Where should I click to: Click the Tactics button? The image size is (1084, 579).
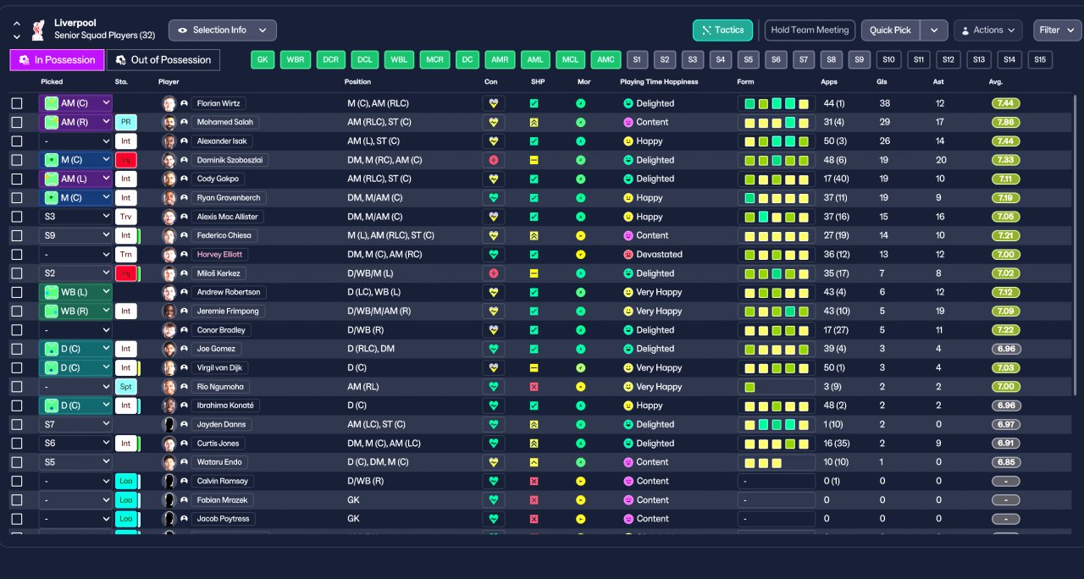pos(722,30)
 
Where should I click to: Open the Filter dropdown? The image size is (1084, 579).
pos(1057,30)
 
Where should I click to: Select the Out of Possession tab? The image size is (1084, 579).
pos(163,60)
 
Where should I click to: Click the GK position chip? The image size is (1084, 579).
pos(263,60)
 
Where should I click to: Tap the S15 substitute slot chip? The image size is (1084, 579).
pos(1039,60)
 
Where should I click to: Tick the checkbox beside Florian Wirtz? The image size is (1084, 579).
pos(17,103)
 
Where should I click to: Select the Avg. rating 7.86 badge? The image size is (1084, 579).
pos(1006,122)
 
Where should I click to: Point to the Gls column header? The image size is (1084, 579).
pos(882,82)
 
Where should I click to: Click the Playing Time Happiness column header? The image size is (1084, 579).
pos(659,82)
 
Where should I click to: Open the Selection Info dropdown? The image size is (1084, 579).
pos(222,30)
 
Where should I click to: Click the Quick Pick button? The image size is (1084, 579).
pos(890,30)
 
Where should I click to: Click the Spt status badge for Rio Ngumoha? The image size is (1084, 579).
pos(126,386)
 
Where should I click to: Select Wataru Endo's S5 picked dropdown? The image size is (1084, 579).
pos(75,462)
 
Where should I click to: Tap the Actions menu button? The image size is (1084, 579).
pos(987,30)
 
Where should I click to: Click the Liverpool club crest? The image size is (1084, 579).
pos(37,30)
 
